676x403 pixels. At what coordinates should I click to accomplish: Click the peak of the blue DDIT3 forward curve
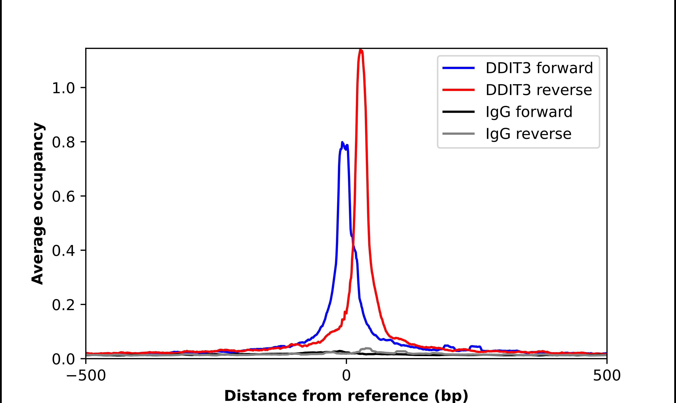(x=342, y=142)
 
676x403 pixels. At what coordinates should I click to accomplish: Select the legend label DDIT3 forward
(x=539, y=68)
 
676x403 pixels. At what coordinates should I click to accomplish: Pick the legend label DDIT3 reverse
(x=538, y=90)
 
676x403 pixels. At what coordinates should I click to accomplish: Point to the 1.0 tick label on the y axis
(x=63, y=88)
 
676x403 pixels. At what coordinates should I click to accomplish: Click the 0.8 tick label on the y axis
(x=63, y=142)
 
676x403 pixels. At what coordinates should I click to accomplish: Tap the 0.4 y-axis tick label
(x=63, y=250)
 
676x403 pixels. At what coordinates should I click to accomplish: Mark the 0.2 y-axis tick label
(x=63, y=305)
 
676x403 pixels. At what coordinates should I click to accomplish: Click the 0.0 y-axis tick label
(x=63, y=359)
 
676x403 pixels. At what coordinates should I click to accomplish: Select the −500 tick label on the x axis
(x=86, y=376)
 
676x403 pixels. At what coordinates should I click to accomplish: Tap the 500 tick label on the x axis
(x=607, y=376)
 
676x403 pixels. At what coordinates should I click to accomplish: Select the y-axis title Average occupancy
(x=37, y=204)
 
